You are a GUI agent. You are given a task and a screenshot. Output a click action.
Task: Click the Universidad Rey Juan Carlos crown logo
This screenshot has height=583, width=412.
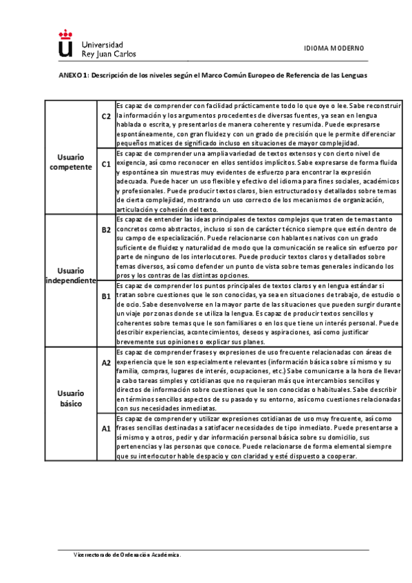coord(65,44)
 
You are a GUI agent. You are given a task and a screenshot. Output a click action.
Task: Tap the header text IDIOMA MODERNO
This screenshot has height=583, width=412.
coord(334,48)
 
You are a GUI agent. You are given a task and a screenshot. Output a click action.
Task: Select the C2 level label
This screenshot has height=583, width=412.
coord(106,117)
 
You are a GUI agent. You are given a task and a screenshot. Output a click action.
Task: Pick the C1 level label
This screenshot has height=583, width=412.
coord(106,164)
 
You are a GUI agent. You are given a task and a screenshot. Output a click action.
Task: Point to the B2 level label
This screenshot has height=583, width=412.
coord(106,230)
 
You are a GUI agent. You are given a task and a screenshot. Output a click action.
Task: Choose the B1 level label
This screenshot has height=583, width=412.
coord(106,296)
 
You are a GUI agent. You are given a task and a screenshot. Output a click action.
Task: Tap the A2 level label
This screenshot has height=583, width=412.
coord(106,362)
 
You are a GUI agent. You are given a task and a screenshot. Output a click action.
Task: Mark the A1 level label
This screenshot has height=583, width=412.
coord(106,428)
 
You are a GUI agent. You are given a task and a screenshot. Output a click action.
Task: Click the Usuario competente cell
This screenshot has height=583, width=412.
coord(71,162)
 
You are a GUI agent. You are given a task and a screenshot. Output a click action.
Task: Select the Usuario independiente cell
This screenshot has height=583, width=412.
coord(71,276)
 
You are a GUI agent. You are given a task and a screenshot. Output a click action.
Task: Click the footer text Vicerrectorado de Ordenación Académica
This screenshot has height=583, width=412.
coord(128,554)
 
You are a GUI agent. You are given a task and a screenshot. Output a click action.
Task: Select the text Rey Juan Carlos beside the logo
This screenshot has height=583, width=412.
coord(109,52)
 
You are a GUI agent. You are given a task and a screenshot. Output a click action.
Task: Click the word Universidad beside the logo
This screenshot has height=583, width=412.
coord(102,42)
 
